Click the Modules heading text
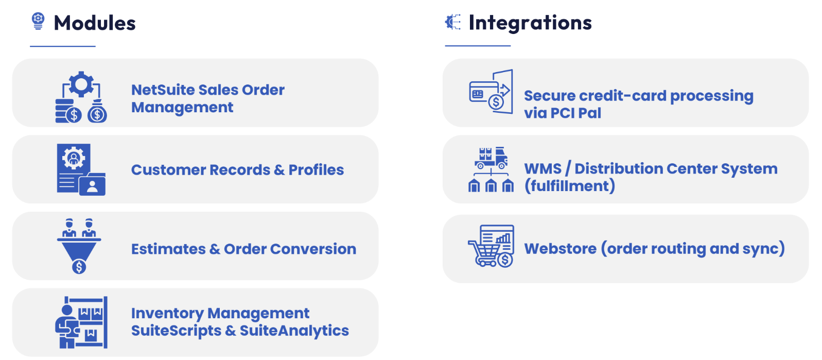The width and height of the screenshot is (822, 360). click(95, 23)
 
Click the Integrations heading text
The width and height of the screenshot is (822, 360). click(530, 23)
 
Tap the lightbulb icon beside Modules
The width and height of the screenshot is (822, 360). click(38, 21)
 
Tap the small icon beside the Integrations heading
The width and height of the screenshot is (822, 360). click(453, 22)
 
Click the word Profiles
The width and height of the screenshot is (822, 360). click(316, 170)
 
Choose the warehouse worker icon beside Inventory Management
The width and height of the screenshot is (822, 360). click(81, 322)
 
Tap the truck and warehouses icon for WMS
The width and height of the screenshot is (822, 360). click(491, 169)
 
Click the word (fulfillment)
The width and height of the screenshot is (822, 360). click(570, 186)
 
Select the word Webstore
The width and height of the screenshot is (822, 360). click(560, 249)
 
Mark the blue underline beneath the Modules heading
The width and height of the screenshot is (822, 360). click(63, 46)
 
